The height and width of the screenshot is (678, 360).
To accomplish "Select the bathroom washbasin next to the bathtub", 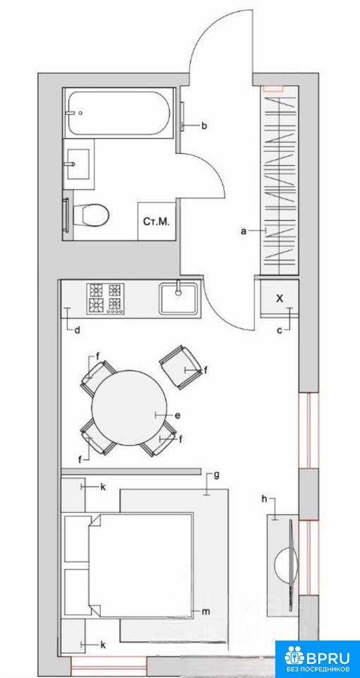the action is [78, 164].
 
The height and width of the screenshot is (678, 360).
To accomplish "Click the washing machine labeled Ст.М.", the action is [157, 221].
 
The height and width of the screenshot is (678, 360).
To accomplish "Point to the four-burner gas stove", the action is [105, 298].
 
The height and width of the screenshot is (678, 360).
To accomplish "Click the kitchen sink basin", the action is [179, 298].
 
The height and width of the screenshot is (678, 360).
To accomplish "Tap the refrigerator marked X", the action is [280, 297].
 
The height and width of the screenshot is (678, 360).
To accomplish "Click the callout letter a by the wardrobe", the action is [244, 232].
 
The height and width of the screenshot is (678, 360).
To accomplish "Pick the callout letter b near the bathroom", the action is [205, 126].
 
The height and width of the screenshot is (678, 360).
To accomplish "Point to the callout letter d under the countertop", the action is [77, 331].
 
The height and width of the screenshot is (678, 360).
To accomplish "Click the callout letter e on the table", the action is [177, 415].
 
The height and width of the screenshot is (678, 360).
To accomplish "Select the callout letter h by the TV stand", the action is [264, 499].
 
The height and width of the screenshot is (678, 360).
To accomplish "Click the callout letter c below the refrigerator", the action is [280, 331].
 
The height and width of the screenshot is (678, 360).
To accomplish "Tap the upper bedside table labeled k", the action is [73, 494].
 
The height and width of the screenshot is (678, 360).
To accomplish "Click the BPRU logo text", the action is [328, 658].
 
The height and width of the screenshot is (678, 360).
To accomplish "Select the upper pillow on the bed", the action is [77, 539].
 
